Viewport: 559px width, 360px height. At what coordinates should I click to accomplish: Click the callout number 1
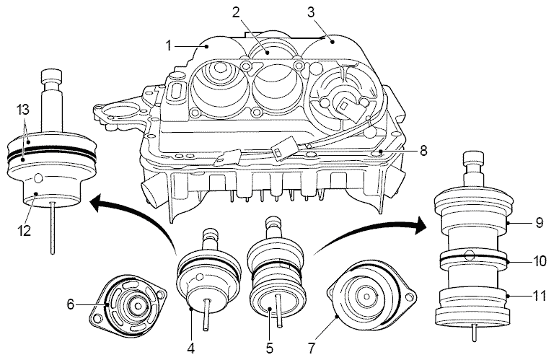(x=167, y=46)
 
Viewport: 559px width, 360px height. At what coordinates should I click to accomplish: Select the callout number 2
(x=236, y=12)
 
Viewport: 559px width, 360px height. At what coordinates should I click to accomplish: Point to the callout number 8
(x=424, y=152)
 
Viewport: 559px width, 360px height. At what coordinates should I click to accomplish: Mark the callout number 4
(x=190, y=348)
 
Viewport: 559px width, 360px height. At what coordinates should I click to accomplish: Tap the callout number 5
(x=269, y=348)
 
